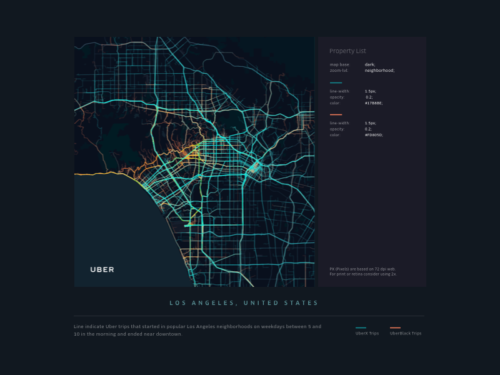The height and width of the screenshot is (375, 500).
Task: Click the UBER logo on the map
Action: click(102, 269)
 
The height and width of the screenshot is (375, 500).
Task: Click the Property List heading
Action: click(347, 51)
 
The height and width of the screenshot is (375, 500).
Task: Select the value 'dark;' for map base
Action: click(370, 64)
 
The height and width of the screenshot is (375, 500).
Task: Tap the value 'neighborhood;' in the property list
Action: click(379, 71)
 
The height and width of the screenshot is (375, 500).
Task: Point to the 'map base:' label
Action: click(339, 64)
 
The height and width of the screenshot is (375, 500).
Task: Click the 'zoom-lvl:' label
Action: click(339, 71)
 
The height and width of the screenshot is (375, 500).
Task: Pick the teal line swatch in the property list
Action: click(336, 82)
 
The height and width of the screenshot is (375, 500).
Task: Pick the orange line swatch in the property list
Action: click(336, 114)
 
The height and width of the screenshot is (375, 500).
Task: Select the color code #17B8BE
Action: click(374, 103)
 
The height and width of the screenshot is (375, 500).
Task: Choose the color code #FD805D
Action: click(374, 135)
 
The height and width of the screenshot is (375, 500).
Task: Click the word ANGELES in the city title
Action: click(215, 303)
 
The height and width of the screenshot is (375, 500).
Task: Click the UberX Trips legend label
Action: click(367, 334)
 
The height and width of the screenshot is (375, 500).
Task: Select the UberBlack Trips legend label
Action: click(406, 334)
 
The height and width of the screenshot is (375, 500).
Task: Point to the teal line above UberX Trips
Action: click(361, 327)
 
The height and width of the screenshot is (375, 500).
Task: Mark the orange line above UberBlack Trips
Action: click(395, 327)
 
